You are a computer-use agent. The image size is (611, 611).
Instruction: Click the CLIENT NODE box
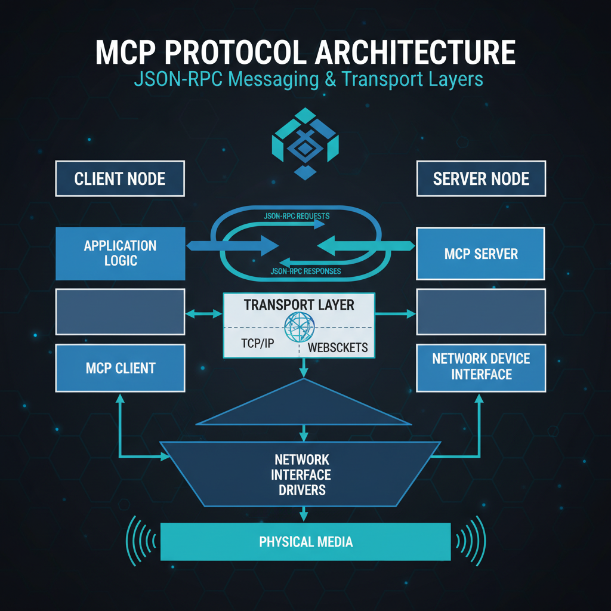(120, 178)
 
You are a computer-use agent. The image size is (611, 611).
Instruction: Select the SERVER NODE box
(481, 178)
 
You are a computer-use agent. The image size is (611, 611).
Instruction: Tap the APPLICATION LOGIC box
(120, 253)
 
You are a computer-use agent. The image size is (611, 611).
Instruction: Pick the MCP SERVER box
(481, 254)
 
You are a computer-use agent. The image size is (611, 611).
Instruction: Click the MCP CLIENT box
(120, 368)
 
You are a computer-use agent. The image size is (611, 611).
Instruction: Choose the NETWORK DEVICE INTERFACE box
(481, 366)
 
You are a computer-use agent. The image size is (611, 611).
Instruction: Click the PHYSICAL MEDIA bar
(305, 542)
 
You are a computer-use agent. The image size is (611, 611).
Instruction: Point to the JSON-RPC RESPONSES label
(305, 271)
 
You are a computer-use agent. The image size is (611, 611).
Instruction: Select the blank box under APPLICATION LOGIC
(120, 311)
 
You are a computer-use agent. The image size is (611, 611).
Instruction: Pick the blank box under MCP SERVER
(481, 311)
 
